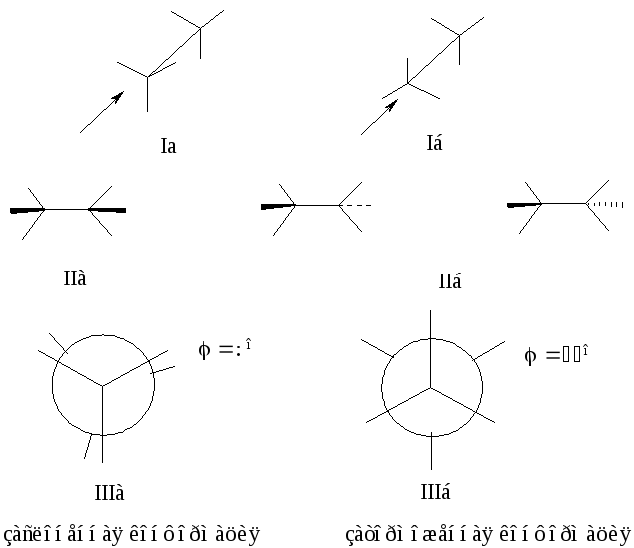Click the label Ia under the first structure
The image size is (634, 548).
pyautogui.click(x=168, y=146)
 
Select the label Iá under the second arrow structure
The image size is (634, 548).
pyautogui.click(x=433, y=143)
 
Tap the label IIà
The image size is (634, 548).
pyautogui.click(x=75, y=277)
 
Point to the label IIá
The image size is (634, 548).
pyautogui.click(x=450, y=282)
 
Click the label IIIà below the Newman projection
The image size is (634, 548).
pyautogui.click(x=109, y=492)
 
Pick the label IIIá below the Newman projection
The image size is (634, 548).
pyautogui.click(x=436, y=492)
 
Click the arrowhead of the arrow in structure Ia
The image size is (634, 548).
pyautogui.click(x=118, y=97)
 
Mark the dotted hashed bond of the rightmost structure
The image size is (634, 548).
pyautogui.click(x=605, y=204)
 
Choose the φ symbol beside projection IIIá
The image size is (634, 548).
pyautogui.click(x=530, y=355)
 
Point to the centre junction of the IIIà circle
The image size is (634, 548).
pyautogui.click(x=101, y=384)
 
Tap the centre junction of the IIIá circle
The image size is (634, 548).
pyautogui.click(x=431, y=386)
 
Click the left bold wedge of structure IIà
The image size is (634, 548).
pyautogui.click(x=28, y=210)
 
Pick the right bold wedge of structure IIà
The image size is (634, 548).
pyautogui.click(x=107, y=210)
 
